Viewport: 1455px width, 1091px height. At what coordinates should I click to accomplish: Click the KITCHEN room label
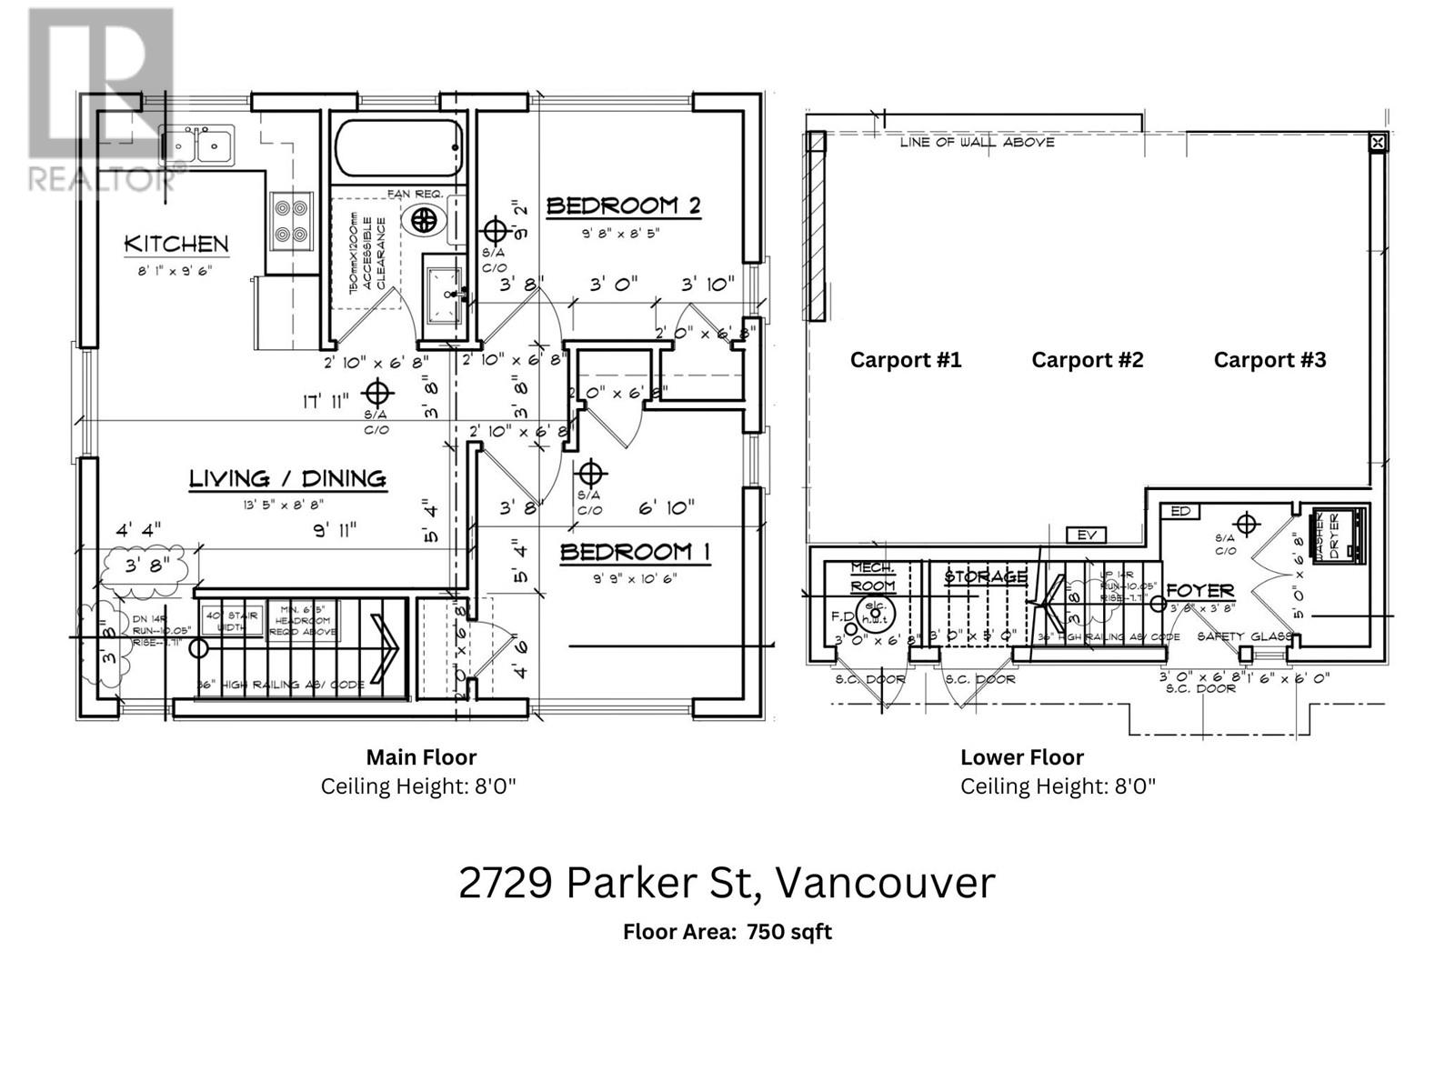176,244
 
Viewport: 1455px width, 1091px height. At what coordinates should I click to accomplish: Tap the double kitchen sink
197,145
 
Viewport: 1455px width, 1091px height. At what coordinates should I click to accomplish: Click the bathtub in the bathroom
398,148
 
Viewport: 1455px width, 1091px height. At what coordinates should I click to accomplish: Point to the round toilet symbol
424,218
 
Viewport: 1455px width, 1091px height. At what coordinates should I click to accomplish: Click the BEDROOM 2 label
624,205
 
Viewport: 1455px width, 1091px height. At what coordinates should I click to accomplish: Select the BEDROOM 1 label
635,552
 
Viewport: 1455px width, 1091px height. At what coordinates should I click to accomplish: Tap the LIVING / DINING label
287,478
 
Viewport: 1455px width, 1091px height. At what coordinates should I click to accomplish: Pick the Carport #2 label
1087,360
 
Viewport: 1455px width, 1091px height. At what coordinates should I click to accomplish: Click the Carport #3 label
1269,360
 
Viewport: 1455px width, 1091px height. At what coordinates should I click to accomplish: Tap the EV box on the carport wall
1087,535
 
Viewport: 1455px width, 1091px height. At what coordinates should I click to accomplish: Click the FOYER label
1199,591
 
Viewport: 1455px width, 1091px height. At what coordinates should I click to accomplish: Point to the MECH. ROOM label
873,576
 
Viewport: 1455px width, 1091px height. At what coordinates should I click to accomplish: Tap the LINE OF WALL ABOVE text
977,142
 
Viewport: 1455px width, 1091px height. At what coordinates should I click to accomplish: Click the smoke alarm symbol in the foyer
1246,525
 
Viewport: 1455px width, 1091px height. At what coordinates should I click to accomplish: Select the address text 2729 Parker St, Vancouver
727,882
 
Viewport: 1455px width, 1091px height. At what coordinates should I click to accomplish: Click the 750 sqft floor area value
788,932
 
